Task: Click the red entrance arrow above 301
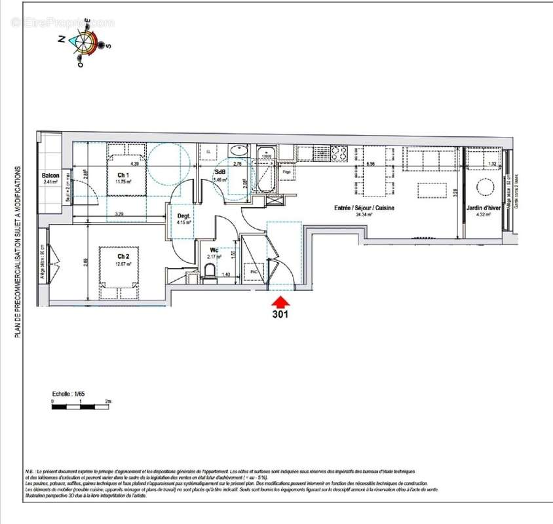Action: point(280,302)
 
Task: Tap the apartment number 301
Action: point(280,314)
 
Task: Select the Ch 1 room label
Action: point(123,175)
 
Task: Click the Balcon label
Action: point(51,176)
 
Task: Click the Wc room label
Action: point(214,250)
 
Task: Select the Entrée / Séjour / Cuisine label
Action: point(360,208)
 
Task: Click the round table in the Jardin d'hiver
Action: point(486,187)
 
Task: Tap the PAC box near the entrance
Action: point(253,271)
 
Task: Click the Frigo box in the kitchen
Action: point(287,172)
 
